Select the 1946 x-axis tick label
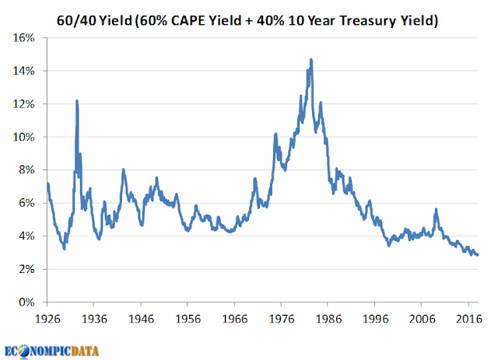pyautogui.click(x=141, y=318)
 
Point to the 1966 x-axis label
pyautogui.click(x=234, y=318)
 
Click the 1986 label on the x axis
pyautogui.click(x=328, y=318)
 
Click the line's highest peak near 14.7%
pyautogui.click(x=311, y=59)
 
